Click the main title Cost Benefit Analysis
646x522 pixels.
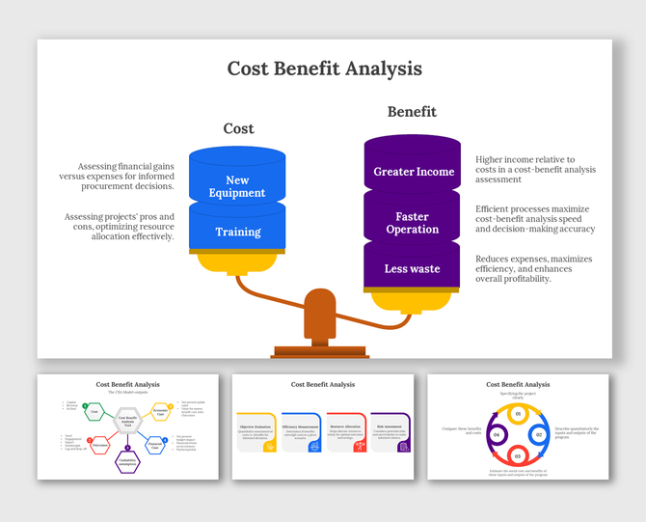[324, 69]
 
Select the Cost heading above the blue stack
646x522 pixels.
[238, 128]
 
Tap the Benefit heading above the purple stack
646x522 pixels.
[412, 112]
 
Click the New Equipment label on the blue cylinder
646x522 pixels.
[237, 186]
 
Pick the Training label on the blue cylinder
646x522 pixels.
[237, 232]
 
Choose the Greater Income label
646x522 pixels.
[414, 172]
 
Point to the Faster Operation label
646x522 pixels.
[412, 223]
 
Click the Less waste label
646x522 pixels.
[412, 268]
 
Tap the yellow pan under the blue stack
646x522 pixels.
[237, 261]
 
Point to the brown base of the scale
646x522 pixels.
[319, 350]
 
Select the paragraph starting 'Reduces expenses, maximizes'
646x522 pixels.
[533, 268]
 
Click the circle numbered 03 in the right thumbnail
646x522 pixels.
[516, 454]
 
